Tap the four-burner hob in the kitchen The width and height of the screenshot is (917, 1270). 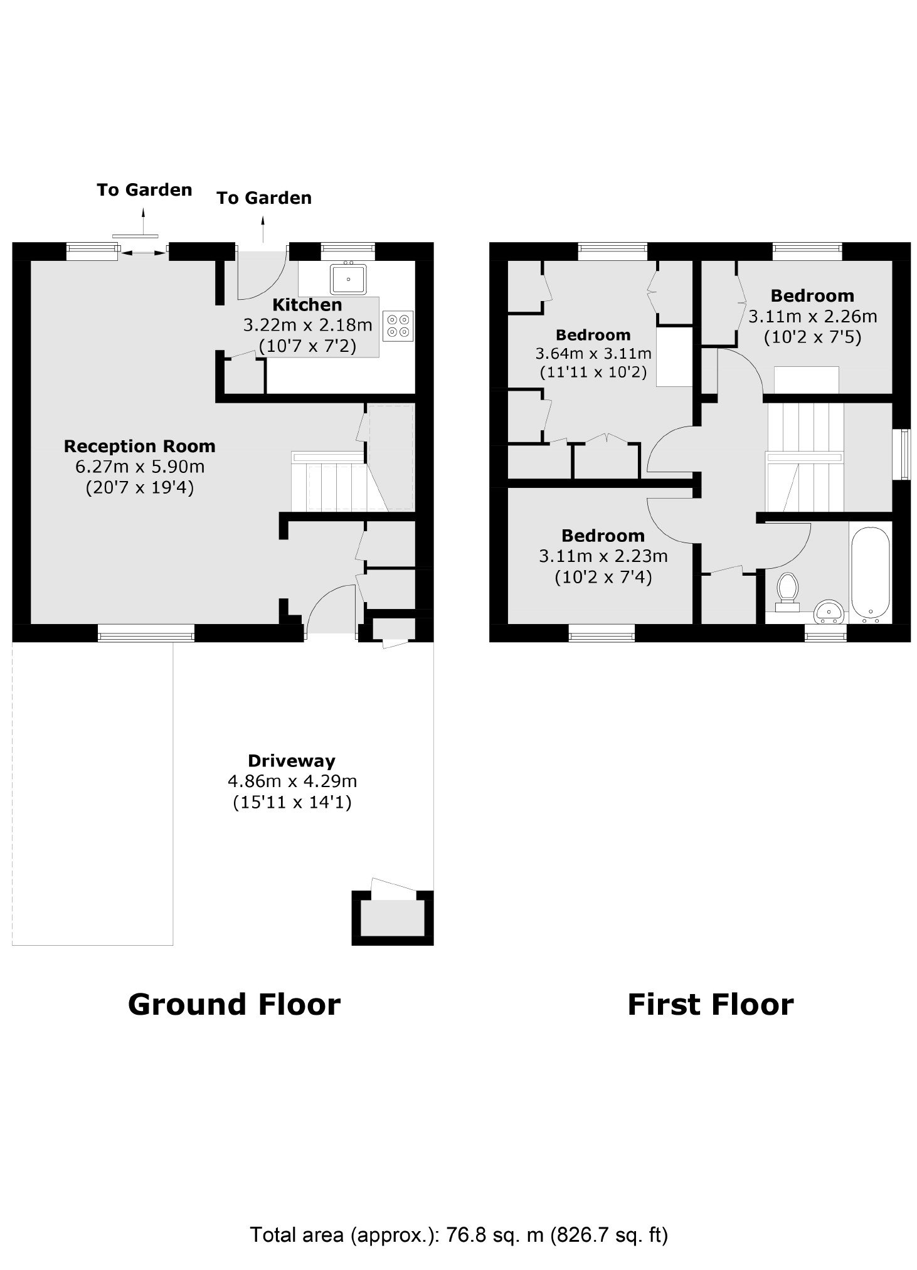[x=398, y=325]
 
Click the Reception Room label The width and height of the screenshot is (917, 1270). [x=139, y=447]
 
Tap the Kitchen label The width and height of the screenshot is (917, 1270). [x=307, y=305]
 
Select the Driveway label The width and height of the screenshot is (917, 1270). [x=292, y=761]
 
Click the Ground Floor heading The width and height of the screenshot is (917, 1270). [x=234, y=1004]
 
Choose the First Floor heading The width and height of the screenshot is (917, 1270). [x=711, y=1004]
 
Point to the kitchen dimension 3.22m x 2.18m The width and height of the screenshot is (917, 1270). [x=307, y=325]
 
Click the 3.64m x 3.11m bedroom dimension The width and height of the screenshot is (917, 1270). [x=593, y=354]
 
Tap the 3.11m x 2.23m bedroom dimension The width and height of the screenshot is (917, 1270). [x=603, y=556]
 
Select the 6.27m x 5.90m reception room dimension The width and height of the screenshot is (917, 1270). [x=140, y=467]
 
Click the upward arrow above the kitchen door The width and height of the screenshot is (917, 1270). [x=263, y=228]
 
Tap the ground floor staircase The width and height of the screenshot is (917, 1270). [x=339, y=481]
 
